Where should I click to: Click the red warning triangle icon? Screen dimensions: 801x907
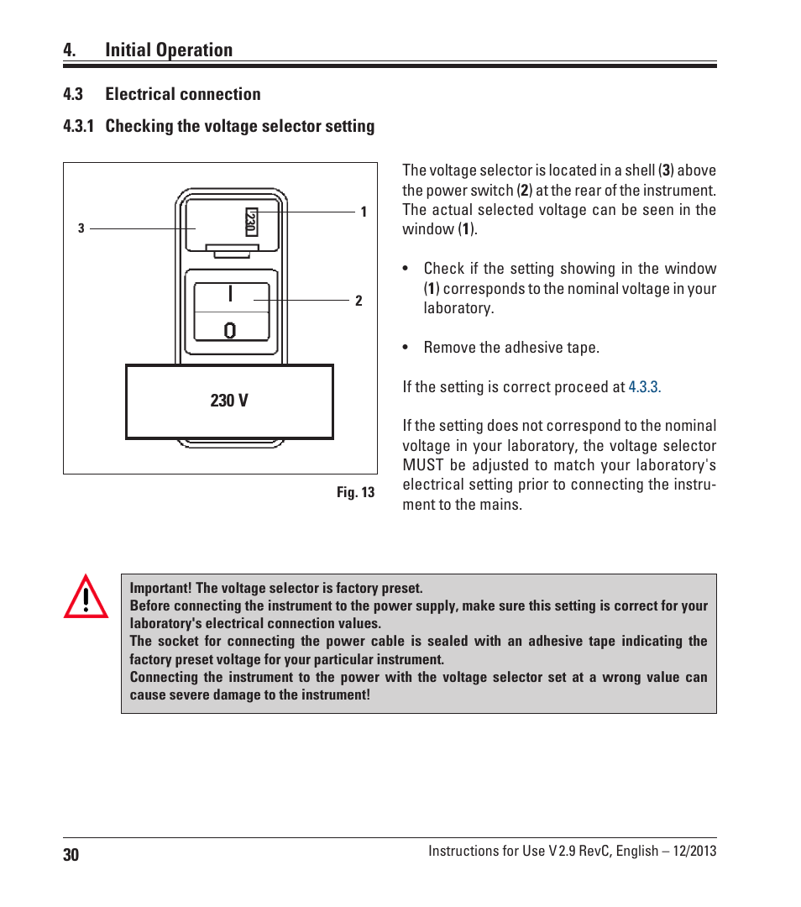[x=86, y=596]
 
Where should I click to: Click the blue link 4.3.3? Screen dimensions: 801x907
[x=644, y=386]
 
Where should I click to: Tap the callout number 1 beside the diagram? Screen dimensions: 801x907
[x=364, y=212]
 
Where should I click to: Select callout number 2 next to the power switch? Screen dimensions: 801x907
[x=359, y=300]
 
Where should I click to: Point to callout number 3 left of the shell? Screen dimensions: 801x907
[x=81, y=228]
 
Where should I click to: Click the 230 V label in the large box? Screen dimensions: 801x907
[x=229, y=401]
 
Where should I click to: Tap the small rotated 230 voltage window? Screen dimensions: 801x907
[x=252, y=222]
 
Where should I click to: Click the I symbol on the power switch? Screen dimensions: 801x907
[x=230, y=293]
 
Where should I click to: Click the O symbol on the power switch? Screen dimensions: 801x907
[x=229, y=330]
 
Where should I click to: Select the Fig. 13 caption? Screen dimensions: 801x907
[x=356, y=492]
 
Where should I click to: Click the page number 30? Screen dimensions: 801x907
[x=71, y=855]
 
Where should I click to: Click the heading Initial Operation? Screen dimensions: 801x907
[x=169, y=50]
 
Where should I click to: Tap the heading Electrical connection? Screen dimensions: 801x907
[x=183, y=94]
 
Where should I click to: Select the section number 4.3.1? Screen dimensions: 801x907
[x=78, y=126]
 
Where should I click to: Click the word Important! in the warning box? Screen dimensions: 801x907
[x=160, y=588]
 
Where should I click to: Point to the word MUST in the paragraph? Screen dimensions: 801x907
[x=423, y=465]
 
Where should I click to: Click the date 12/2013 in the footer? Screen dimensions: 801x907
[x=694, y=851]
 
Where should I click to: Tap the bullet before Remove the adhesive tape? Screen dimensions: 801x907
[x=406, y=348]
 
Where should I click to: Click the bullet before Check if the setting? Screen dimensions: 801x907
[x=406, y=269]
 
